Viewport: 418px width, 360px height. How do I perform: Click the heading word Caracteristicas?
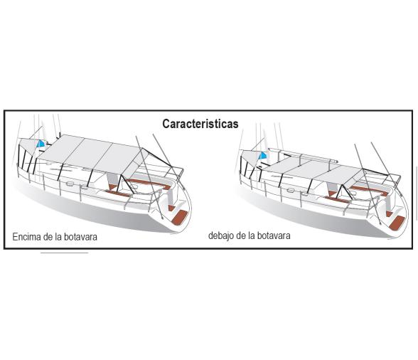pyautogui.click(x=200, y=124)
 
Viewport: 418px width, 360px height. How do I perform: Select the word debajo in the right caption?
pyautogui.click(x=221, y=236)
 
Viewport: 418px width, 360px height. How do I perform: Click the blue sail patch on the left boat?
pyautogui.click(x=41, y=144)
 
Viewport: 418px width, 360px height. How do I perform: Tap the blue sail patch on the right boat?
pyautogui.click(x=262, y=156)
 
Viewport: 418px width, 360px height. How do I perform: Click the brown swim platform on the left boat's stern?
pyautogui.click(x=179, y=217)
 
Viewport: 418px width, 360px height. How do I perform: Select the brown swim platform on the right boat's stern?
pyautogui.click(x=397, y=223)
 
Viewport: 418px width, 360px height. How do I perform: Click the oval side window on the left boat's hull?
pyautogui.click(x=70, y=184)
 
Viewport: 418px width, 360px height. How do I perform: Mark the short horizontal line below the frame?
pyautogui.click(x=64, y=253)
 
